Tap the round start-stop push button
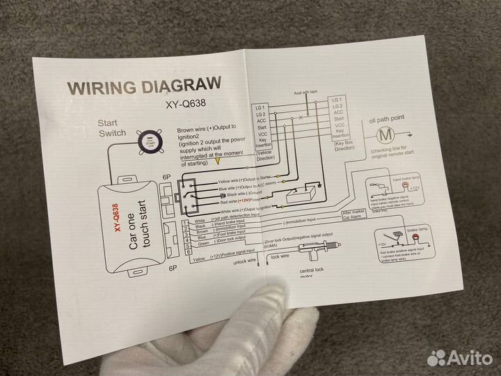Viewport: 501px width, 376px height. click(x=148, y=143)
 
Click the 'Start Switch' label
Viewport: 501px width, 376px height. click(x=113, y=127)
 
